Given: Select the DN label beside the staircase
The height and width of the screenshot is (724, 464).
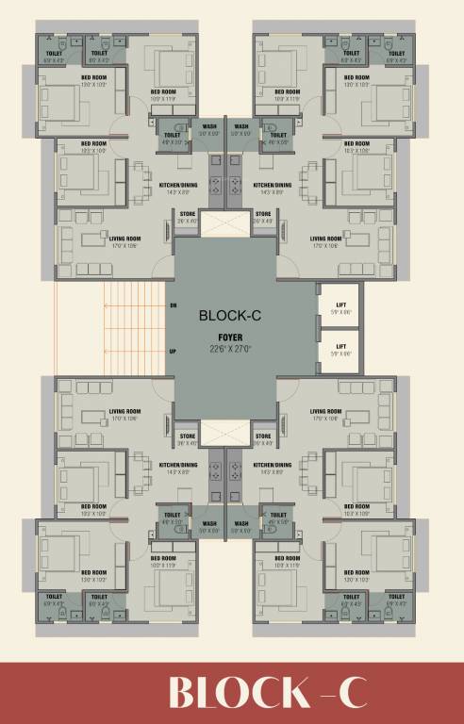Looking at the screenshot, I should (173, 306).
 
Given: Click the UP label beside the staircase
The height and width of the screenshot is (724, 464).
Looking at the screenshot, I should (173, 351).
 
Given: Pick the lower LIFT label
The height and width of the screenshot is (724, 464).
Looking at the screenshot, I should (341, 346).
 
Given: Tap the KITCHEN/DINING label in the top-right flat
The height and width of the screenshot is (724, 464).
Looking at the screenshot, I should (273, 186).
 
